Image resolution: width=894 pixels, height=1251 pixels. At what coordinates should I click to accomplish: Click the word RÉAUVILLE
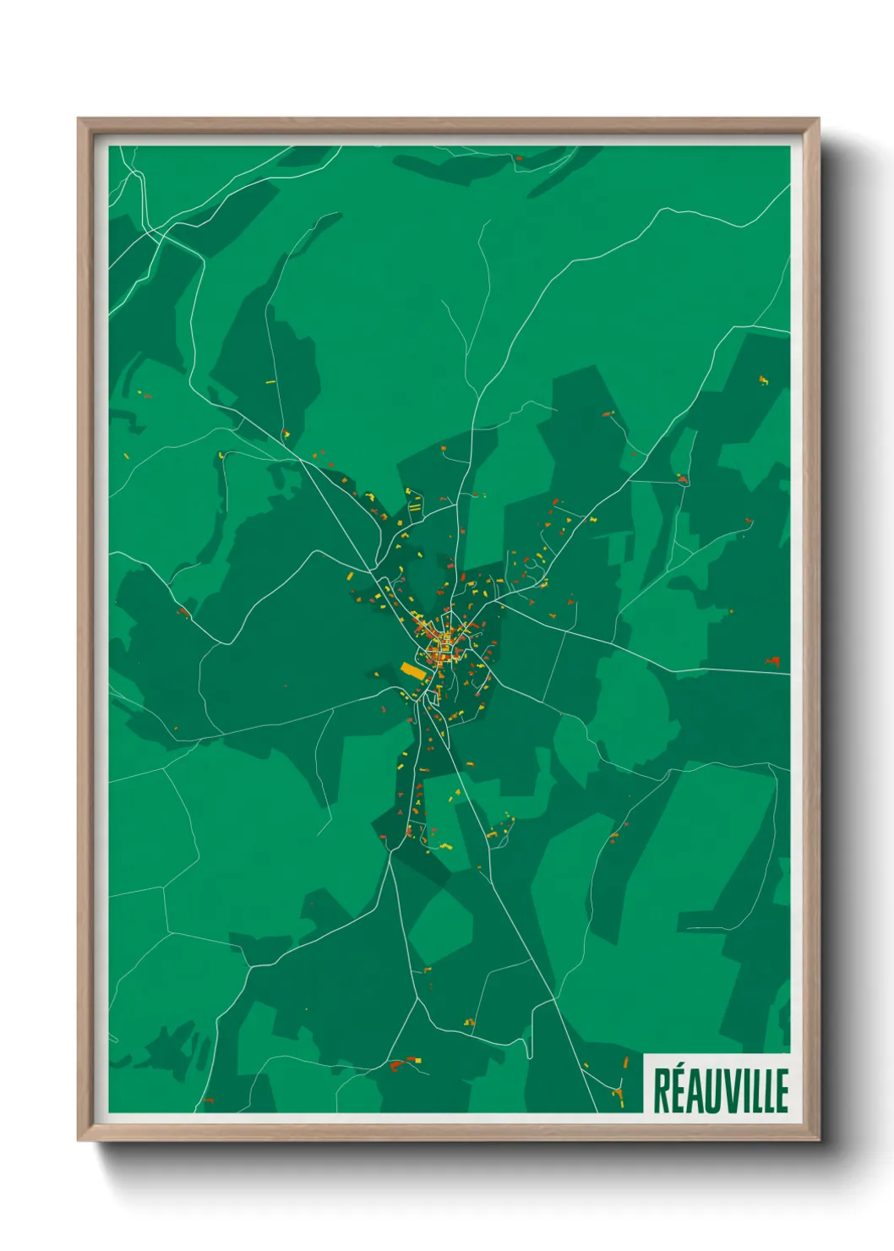(x=721, y=1090)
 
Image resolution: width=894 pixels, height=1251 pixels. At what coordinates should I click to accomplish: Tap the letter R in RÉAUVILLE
(x=662, y=1091)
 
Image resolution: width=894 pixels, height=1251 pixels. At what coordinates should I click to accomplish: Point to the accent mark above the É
(x=680, y=1069)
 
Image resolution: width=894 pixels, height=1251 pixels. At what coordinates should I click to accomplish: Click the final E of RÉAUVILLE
(x=781, y=1091)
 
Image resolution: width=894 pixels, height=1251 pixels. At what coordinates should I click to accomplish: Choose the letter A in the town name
(x=695, y=1091)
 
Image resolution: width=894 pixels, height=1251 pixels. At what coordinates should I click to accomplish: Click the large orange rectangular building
(x=412, y=671)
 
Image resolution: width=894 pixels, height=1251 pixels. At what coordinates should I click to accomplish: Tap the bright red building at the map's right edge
(x=773, y=661)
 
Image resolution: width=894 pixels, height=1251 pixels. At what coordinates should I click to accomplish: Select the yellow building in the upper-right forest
(x=764, y=380)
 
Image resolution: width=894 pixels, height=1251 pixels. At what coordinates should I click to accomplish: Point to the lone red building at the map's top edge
(x=519, y=157)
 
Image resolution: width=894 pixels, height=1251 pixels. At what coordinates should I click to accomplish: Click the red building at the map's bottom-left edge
(x=208, y=1101)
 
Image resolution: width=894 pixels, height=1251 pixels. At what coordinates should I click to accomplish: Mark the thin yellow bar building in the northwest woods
(x=271, y=382)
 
